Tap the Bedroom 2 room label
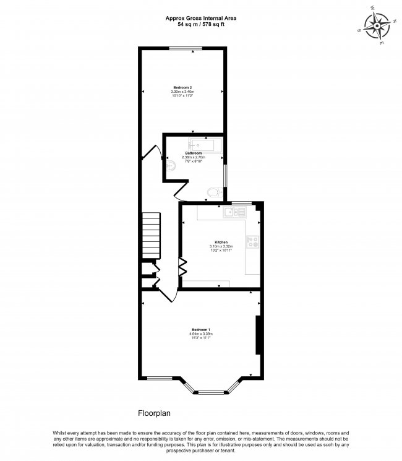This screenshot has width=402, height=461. pyautogui.click(x=182, y=88)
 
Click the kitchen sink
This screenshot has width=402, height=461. pyautogui.click(x=235, y=213)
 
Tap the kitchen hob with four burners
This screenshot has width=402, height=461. pyautogui.click(x=253, y=243)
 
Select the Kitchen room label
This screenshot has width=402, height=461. pyautogui.click(x=221, y=242)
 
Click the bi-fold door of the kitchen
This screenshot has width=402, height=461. pyautogui.click(x=184, y=266)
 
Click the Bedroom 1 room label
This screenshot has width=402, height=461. pyautogui.click(x=201, y=329)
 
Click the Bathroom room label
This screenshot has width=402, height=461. pyautogui.click(x=194, y=153)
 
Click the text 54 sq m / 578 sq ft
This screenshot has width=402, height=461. pyautogui.click(x=200, y=25)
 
